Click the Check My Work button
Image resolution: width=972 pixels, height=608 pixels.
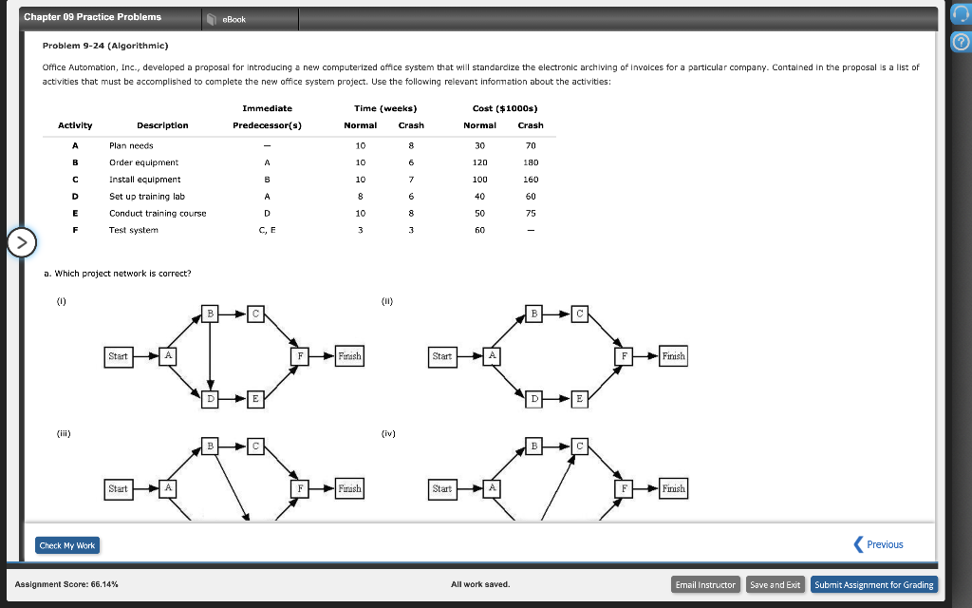[66, 545]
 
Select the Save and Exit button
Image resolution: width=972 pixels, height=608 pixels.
[775, 584]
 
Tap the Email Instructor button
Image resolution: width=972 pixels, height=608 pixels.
[705, 584]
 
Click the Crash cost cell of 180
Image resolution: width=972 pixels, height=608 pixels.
[531, 162]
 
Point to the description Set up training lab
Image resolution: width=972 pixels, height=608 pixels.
[146, 196]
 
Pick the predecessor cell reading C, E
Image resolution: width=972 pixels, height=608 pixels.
[267, 230]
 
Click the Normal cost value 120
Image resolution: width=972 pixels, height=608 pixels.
[479, 162]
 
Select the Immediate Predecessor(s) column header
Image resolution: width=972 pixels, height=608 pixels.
[267, 117]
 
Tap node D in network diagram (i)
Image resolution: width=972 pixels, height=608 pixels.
[211, 399]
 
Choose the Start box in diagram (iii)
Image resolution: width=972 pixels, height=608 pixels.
[118, 488]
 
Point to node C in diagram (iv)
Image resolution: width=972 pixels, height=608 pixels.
[580, 446]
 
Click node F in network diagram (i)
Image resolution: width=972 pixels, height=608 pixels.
[301, 356]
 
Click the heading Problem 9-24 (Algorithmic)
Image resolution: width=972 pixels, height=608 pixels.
[105, 46]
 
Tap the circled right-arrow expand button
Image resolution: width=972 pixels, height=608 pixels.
[21, 243]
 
